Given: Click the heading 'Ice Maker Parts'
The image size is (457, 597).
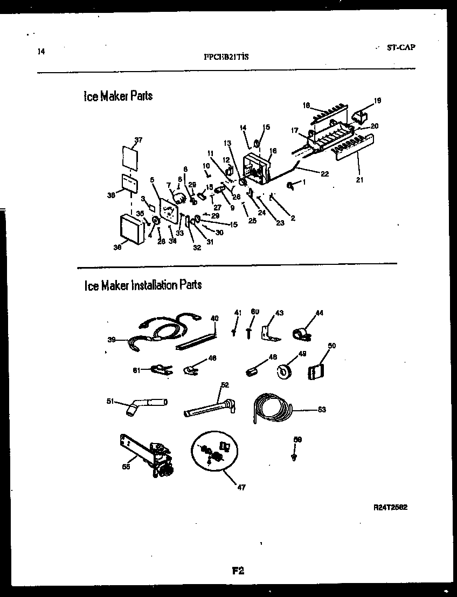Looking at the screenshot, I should point(118,96).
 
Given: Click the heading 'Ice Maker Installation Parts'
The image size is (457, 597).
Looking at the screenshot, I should point(143,285).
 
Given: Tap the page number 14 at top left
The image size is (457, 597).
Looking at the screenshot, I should point(41,52).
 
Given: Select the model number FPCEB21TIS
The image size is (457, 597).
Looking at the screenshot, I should point(226,55).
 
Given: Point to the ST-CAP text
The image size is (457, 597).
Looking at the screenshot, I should point(401,47).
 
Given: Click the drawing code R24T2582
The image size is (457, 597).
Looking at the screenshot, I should point(393,507).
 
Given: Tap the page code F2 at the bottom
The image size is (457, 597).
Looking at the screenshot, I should point(239,572).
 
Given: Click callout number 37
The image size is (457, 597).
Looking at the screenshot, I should point(139,141).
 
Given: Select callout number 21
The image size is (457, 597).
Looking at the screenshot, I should point(359,180).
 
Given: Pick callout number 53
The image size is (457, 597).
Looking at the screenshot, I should point(322,410).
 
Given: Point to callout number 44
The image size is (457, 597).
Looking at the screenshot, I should point(320,313).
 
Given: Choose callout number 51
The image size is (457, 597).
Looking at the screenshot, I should point(110,400).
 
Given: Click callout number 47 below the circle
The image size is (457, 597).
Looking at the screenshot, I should point(241,488).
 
